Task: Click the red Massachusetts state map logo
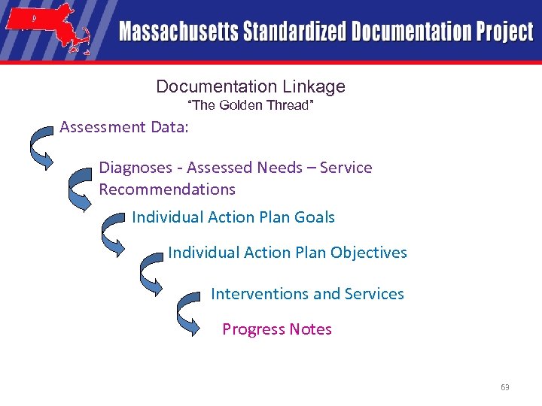tap(48, 28)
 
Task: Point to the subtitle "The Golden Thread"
tap(249, 105)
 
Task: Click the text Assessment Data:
tap(124, 126)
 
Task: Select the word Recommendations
tap(167, 189)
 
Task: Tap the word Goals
tap(315, 217)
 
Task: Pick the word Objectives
tap(369, 253)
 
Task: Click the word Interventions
tap(260, 293)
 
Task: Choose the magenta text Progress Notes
tap(277, 329)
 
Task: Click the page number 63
tap(504, 387)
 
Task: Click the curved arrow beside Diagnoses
tap(79, 187)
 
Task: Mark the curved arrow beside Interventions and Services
tap(188, 313)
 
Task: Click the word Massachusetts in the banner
tap(178, 32)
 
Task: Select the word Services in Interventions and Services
tap(374, 293)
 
